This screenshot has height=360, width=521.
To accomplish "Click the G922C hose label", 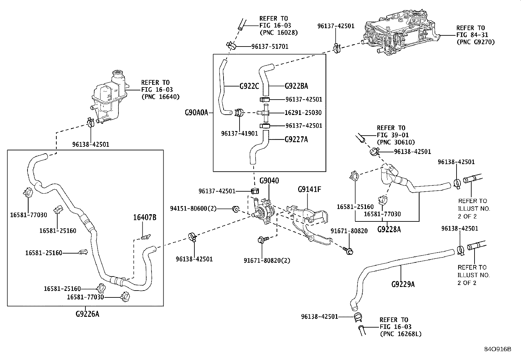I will pyautogui.click(x=249, y=86).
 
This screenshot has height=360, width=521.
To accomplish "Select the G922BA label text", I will pyautogui.click(x=296, y=86).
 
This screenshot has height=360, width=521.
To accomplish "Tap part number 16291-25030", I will pyautogui.click(x=303, y=113).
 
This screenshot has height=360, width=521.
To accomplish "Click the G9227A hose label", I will pyautogui.click(x=296, y=140).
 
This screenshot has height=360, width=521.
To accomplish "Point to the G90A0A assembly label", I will pyautogui.click(x=196, y=113).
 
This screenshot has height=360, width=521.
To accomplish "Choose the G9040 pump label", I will pyautogui.click(x=269, y=181).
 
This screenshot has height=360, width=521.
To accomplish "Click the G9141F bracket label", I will pyautogui.click(x=309, y=189).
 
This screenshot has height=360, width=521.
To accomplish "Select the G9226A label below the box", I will pyautogui.click(x=87, y=314).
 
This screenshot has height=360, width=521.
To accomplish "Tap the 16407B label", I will pyautogui.click(x=144, y=217).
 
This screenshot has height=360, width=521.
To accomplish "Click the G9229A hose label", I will pyautogui.click(x=403, y=284).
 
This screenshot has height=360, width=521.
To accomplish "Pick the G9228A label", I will pyautogui.click(x=389, y=229).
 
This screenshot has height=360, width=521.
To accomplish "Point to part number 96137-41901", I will pyautogui.click(x=240, y=133).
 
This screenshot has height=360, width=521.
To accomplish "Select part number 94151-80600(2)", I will pyautogui.click(x=193, y=208).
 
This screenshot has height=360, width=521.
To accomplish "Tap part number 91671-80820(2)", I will pyautogui.click(x=267, y=260).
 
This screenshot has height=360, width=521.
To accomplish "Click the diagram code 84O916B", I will pyautogui.click(x=497, y=349).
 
